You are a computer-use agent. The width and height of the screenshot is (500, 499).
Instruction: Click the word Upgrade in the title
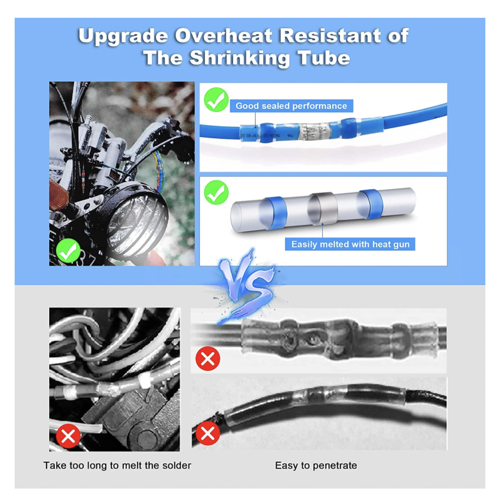(123, 36)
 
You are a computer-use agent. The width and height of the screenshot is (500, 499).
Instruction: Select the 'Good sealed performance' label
(291, 106)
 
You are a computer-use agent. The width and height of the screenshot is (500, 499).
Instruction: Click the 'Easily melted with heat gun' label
(350, 244)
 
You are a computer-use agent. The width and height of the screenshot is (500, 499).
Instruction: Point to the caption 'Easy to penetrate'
(316, 466)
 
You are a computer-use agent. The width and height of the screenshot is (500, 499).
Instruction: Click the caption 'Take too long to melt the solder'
(117, 466)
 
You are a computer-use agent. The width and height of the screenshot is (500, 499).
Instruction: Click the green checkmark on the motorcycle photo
(68, 251)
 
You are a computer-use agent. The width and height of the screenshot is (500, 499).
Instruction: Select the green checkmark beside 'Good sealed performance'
(216, 100)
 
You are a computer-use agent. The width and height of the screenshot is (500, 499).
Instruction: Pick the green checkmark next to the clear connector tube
(216, 192)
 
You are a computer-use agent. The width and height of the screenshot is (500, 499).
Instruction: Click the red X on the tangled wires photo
(68, 436)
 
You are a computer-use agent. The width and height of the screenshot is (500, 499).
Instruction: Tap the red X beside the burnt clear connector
(208, 358)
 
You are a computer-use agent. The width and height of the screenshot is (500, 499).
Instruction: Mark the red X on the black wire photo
(208, 433)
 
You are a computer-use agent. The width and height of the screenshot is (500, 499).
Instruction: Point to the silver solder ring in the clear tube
(323, 209)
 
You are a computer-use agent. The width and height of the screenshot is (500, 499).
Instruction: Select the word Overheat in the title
(223, 36)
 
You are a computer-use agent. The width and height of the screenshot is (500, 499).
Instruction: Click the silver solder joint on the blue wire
(315, 132)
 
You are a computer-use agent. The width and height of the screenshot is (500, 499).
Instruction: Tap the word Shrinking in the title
(240, 59)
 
